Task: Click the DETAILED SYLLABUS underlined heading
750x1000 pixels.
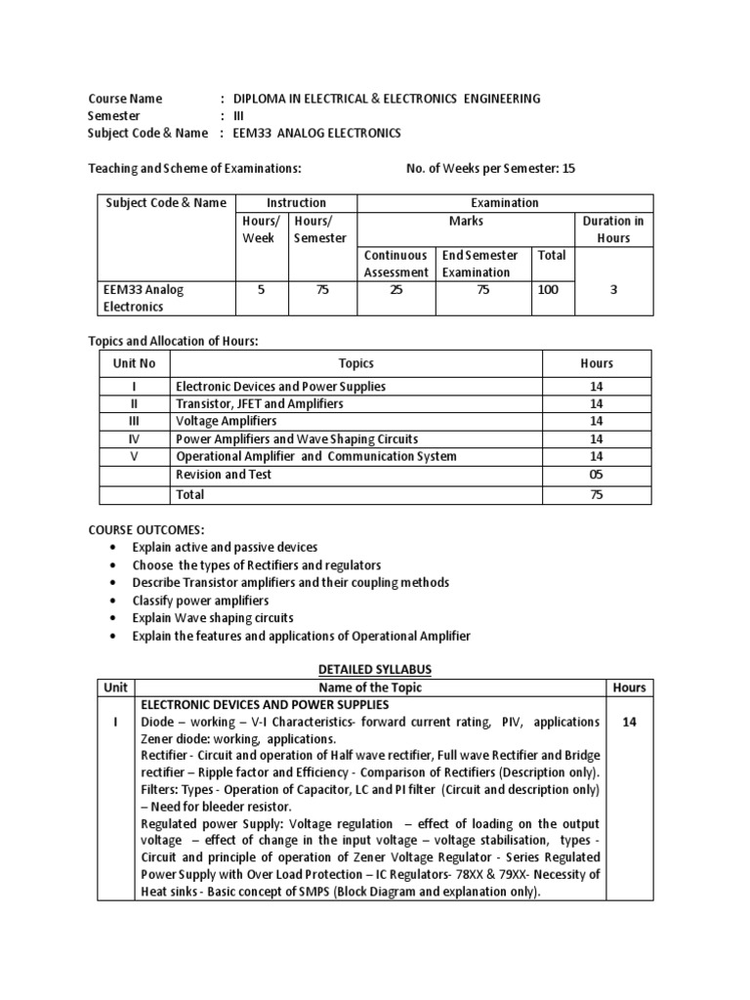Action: point(376,669)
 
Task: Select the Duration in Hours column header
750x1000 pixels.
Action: point(613,229)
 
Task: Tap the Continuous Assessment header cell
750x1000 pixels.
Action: point(396,264)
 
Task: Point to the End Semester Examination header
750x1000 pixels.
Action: point(480,264)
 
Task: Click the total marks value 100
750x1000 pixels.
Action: point(549,290)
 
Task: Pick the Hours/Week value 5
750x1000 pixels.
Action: point(261,290)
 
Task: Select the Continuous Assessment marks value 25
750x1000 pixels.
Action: point(396,290)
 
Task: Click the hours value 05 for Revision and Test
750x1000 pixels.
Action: point(597,475)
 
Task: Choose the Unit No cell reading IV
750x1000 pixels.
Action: point(135,439)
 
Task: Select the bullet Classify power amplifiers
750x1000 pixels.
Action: point(200,601)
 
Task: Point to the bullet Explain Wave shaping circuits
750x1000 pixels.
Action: point(213,618)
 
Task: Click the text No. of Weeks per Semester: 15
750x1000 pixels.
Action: point(490,169)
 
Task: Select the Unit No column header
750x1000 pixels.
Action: point(135,363)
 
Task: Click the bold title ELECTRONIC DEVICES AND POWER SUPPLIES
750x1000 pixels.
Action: point(266,704)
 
